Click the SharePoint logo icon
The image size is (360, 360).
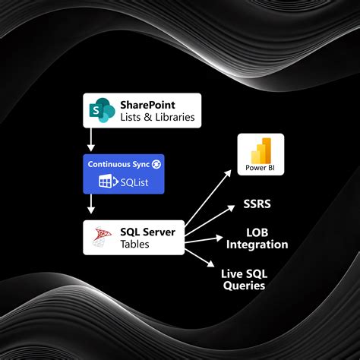100,110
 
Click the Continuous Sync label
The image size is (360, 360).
118,163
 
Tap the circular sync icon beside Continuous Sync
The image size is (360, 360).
156,163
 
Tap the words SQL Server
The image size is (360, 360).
148,231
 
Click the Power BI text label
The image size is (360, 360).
260,167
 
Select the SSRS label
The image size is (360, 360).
257,205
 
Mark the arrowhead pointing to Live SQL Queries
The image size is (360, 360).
212,264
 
